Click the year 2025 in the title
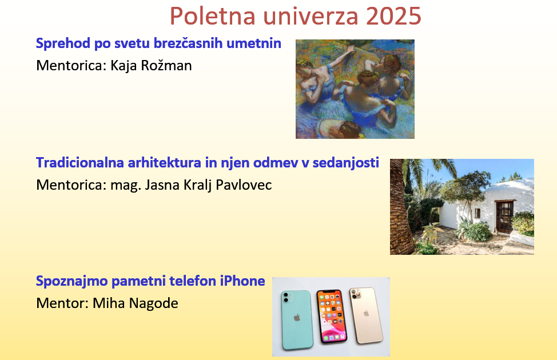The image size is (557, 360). (x=393, y=16)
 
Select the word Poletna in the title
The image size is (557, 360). (x=213, y=16)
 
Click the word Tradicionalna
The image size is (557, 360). (x=79, y=163)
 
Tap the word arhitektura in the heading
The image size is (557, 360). (x=165, y=163)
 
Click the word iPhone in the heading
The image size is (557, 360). (x=242, y=281)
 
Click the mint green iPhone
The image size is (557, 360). (x=297, y=320)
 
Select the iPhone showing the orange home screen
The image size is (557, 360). (x=332, y=317)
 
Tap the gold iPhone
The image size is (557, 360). (x=366, y=315)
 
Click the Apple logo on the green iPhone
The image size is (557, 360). (x=297, y=317)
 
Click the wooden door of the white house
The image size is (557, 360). (x=504, y=216)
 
